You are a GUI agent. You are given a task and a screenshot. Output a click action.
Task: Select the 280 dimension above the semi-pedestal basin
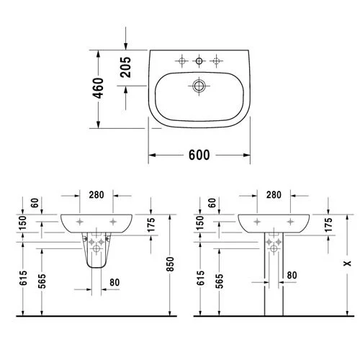pyautogui.click(x=96, y=196)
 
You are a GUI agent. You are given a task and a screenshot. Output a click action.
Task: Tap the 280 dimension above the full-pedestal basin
pyautogui.click(x=274, y=196)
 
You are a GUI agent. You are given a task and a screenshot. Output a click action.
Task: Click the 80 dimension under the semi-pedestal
pyautogui.click(x=114, y=282)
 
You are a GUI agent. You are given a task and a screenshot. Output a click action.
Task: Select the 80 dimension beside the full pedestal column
pyautogui.click(x=292, y=274)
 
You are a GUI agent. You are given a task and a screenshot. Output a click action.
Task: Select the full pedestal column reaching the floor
pyautogui.click(x=274, y=281)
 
